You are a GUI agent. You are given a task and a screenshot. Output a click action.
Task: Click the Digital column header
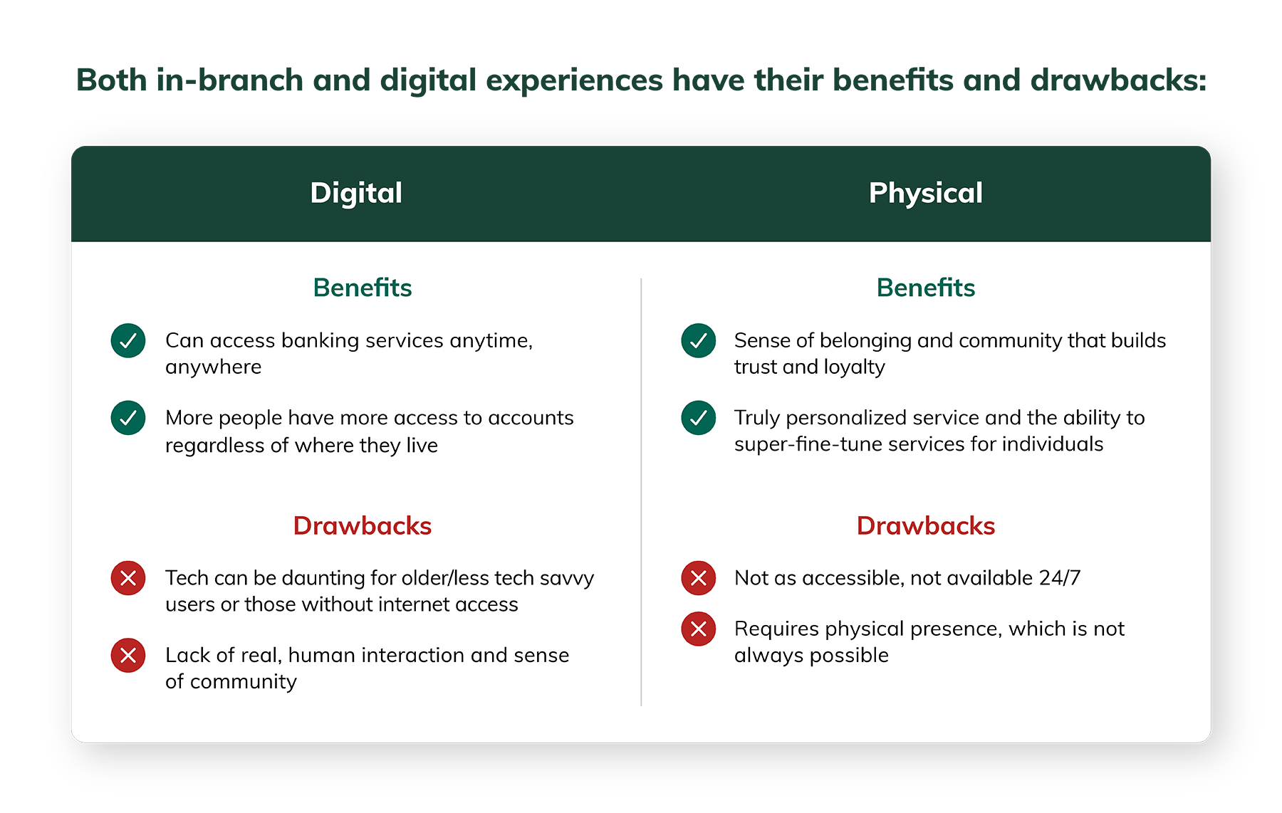[x=356, y=193]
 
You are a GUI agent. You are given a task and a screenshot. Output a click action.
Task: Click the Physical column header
[x=925, y=193]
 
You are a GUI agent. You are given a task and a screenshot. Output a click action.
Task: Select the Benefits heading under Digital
[x=362, y=288]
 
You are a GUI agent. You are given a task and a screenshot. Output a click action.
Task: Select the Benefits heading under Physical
[x=925, y=288]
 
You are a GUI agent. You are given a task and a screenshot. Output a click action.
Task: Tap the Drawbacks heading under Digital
[x=362, y=525]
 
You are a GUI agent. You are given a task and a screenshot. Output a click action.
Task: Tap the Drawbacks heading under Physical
[x=925, y=525]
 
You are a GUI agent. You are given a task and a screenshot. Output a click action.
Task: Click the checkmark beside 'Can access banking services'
[x=128, y=341]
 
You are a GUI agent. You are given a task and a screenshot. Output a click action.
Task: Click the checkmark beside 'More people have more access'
[x=128, y=418]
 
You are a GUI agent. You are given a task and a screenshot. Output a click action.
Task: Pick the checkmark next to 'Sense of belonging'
[x=698, y=341]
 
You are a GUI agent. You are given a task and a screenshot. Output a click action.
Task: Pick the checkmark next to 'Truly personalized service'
[x=698, y=418]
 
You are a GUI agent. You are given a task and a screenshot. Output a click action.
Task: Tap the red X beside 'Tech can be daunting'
[x=128, y=578]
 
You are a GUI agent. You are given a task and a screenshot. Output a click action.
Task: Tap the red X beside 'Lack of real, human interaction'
[x=128, y=655]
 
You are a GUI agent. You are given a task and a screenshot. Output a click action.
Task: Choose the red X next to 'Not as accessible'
[x=698, y=578]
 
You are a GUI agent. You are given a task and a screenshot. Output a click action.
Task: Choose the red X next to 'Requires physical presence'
[x=698, y=629]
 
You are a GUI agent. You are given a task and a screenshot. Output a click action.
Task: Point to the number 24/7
[x=1059, y=577]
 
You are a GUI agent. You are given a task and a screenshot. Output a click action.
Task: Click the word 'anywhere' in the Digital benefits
[x=213, y=367]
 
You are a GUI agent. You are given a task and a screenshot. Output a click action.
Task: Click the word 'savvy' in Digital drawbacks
[x=566, y=578]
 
